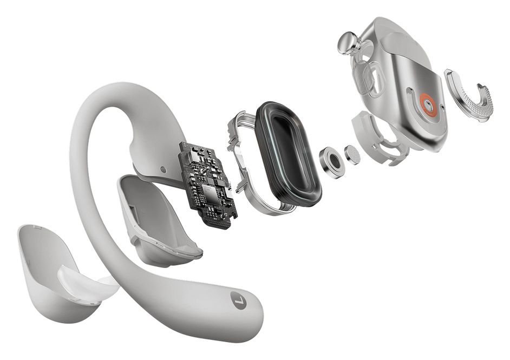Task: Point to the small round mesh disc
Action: click(x=352, y=155)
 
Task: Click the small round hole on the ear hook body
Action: click(x=163, y=169)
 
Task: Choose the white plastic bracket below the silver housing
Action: click(x=379, y=135)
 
